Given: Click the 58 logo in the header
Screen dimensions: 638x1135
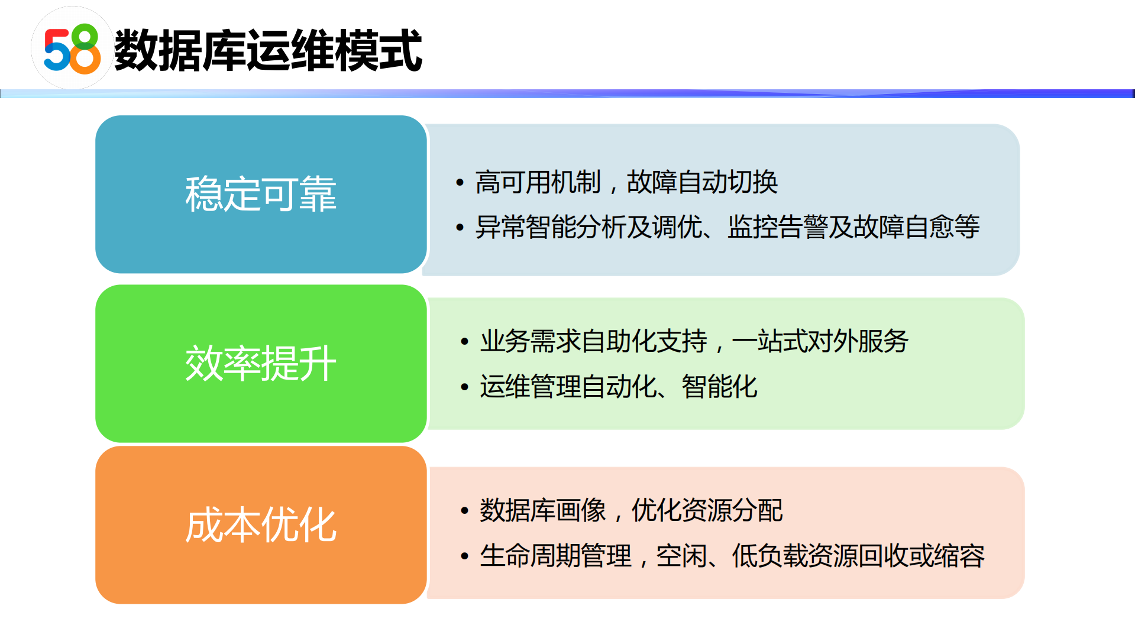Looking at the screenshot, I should click(x=72, y=49).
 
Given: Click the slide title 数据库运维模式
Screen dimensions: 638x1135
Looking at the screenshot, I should click(x=268, y=51).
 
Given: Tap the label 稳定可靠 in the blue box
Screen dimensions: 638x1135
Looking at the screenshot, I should click(x=261, y=194).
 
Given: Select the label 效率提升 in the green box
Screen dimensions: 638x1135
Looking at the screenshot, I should click(x=261, y=364).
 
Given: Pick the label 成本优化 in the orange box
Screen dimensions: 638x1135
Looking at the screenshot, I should click(x=261, y=525).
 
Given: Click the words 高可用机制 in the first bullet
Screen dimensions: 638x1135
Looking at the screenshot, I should click(x=538, y=182).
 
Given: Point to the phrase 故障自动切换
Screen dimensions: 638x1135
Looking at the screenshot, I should click(x=702, y=182).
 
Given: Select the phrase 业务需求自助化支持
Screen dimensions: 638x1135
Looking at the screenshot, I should click(x=593, y=342).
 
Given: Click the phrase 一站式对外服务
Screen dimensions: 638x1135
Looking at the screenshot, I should click(x=820, y=342).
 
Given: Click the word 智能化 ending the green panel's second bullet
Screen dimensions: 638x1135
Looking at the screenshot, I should click(x=719, y=387).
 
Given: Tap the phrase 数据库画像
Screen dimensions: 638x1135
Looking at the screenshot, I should click(x=542, y=510).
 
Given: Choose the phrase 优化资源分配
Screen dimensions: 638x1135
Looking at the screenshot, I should click(x=707, y=510).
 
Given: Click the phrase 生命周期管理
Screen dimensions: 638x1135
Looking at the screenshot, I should click(x=555, y=556).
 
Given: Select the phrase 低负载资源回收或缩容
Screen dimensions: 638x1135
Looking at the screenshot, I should click(x=858, y=556).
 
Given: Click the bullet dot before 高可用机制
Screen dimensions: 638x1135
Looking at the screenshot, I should click(x=460, y=183).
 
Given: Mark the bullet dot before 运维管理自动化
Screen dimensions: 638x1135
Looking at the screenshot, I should click(x=464, y=388).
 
